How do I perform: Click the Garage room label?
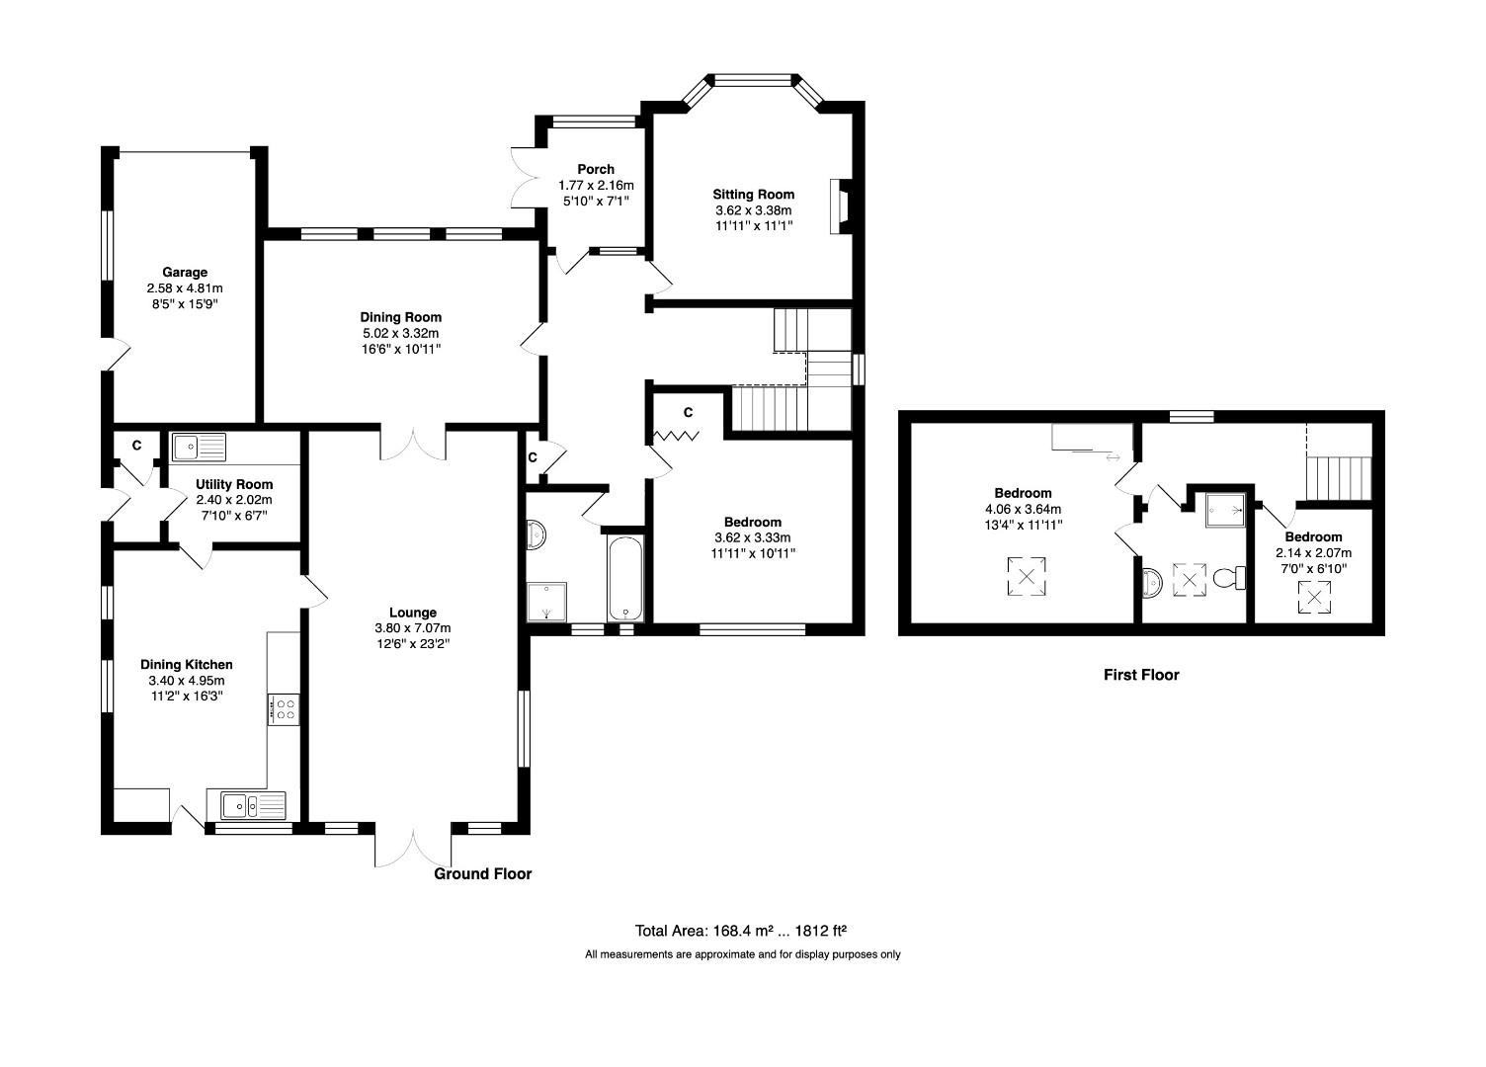(x=185, y=272)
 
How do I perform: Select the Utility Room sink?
(x=199, y=448)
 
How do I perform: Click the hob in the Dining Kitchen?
(x=284, y=708)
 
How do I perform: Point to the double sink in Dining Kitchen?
(x=246, y=806)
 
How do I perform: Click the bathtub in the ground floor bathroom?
(x=624, y=577)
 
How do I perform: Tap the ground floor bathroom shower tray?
(x=546, y=602)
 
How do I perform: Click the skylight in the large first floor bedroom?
(x=1027, y=577)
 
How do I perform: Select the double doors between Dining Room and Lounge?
(x=413, y=445)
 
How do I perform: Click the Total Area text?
(x=742, y=931)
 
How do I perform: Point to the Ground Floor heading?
(x=483, y=873)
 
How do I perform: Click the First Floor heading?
(x=1141, y=675)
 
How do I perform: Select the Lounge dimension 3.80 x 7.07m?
(x=412, y=628)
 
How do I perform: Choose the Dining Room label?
(x=400, y=317)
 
